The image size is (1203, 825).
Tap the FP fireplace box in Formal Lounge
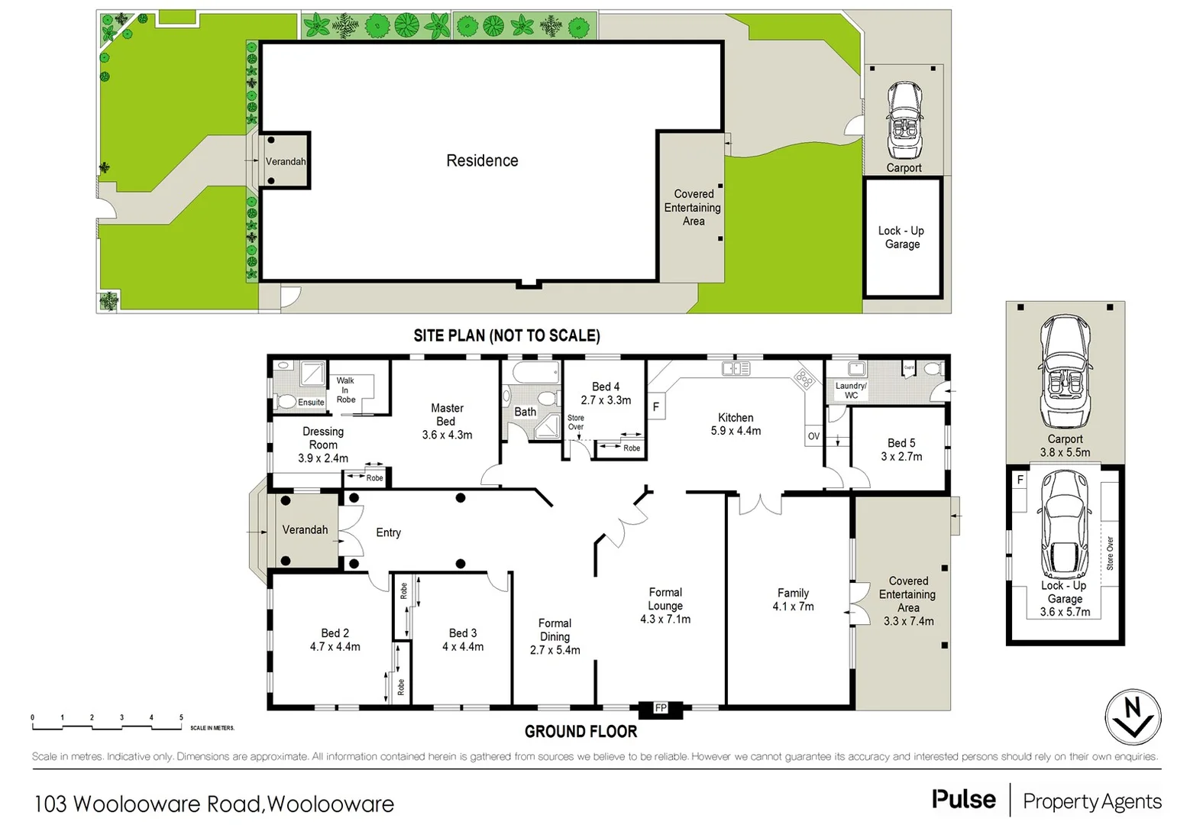pyautogui.click(x=661, y=708)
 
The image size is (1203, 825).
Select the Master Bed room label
pyautogui.click(x=447, y=415)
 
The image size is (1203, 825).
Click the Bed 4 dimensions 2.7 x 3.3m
pyautogui.click(x=606, y=400)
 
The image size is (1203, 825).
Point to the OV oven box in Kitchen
pyautogui.click(x=813, y=436)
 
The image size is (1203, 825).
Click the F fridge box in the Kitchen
pyautogui.click(x=655, y=407)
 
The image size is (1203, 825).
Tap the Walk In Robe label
pyautogui.click(x=345, y=390)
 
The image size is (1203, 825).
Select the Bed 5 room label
pyautogui.click(x=901, y=443)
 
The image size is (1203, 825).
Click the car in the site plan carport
pyautogui.click(x=904, y=120)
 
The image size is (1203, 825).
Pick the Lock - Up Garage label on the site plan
pyautogui.click(x=901, y=238)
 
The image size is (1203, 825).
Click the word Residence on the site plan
pyautogui.click(x=482, y=160)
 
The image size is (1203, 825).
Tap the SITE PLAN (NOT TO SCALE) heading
pyautogui.click(x=506, y=335)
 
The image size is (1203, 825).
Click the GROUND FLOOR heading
pyautogui.click(x=580, y=732)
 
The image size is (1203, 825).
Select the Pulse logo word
pyautogui.click(x=963, y=800)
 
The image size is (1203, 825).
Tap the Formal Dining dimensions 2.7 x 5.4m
pyautogui.click(x=555, y=650)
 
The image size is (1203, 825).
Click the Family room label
pyautogui.click(x=793, y=593)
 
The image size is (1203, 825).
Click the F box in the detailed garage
pyautogui.click(x=1020, y=480)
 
